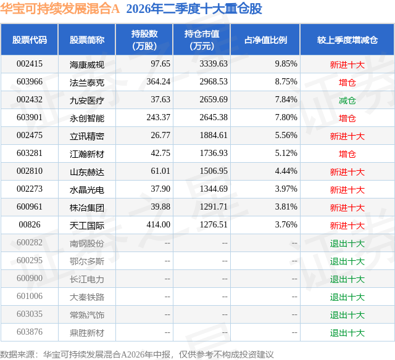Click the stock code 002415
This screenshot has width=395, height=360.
click(x=30, y=63)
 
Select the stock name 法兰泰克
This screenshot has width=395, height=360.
click(x=87, y=83)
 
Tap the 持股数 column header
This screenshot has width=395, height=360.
click(x=144, y=39)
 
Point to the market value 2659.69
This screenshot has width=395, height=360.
click(x=214, y=99)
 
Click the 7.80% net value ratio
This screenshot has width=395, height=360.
click(x=286, y=117)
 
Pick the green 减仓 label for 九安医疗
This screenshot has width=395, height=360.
click(x=347, y=100)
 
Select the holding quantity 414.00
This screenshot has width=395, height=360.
click(x=159, y=224)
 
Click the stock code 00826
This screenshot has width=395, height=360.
click(x=30, y=224)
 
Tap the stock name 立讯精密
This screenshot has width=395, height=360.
click(x=87, y=136)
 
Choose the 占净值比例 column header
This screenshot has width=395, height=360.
click(x=265, y=39)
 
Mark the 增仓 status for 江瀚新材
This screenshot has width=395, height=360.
click(x=347, y=154)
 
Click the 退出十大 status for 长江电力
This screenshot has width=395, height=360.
click(x=347, y=279)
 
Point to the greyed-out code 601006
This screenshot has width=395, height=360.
click(x=30, y=296)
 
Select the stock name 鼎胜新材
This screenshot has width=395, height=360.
click(x=87, y=333)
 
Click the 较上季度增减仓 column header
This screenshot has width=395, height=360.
click(x=347, y=39)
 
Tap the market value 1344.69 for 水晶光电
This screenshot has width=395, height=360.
click(x=214, y=189)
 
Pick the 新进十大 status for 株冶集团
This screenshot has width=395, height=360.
click(x=347, y=208)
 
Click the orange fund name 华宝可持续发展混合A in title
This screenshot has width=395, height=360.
click(x=60, y=9)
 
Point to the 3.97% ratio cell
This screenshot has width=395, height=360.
click(x=286, y=189)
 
